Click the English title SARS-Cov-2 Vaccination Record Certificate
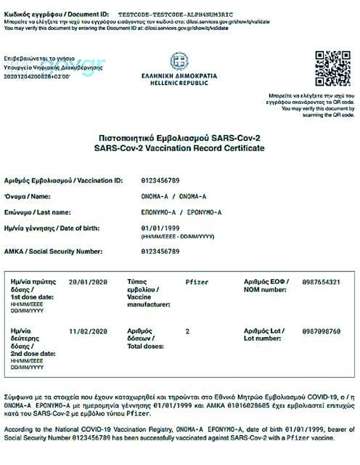click(x=179, y=148)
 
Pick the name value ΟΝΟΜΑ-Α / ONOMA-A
click(x=173, y=196)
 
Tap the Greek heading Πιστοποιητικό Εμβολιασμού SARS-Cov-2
click(x=179, y=137)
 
